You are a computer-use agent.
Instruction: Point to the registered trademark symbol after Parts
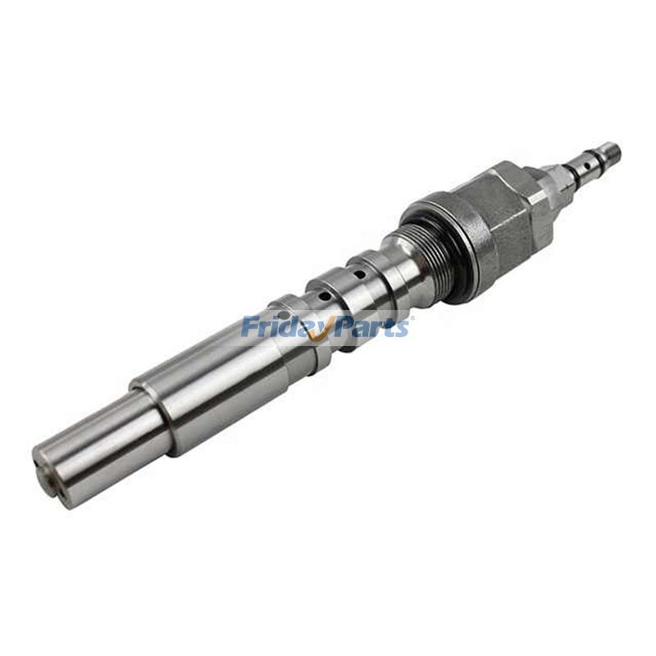coord(412,318)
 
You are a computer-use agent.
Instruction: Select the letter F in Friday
coord(248,327)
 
